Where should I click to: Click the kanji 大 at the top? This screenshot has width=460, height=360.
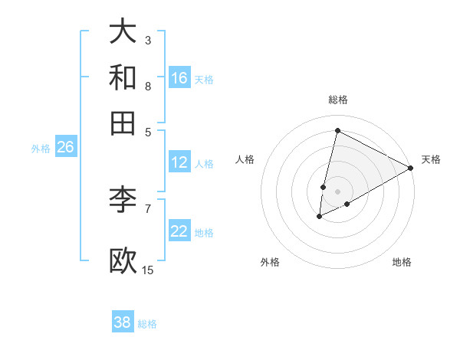coord(123,31)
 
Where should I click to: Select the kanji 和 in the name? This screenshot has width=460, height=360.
coord(123,77)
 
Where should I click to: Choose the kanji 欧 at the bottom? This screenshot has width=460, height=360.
coord(123,260)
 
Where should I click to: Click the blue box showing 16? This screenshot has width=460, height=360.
coord(179,77)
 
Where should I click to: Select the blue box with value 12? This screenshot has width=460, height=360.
coord(179,162)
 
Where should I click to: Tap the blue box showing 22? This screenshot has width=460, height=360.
coord(179,231)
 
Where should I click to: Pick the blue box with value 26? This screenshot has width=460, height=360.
coord(65,148)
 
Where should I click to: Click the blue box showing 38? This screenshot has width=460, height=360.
coord(123,322)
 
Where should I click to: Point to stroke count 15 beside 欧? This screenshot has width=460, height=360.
coord(148,270)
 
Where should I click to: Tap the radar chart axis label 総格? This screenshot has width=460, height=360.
coord(338,100)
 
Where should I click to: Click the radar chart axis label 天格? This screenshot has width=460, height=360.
coord(431,159)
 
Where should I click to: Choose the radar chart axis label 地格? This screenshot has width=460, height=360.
coord(402,262)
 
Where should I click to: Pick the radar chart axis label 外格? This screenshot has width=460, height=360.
coord(270,262)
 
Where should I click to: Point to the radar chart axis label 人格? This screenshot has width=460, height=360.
coord(245,159)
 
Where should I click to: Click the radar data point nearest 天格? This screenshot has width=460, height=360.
coord(411,168)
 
